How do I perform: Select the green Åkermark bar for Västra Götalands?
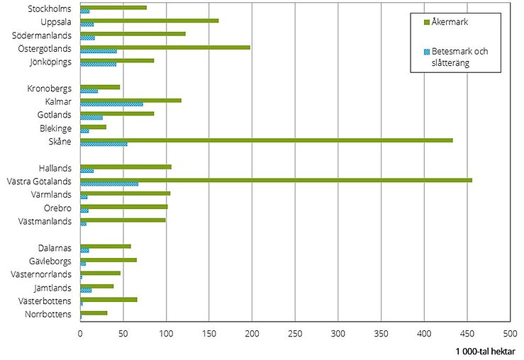pos(276,180)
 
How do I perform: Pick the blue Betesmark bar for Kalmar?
pos(111,104)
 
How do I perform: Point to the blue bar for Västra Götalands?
pos(109,184)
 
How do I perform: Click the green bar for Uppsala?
pos(149,21)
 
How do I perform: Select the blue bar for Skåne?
pos(104,144)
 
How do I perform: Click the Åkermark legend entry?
pos(448,22)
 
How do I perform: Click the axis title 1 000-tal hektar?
pos(486,350)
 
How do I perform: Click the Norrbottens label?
pos(48,314)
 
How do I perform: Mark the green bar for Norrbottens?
pos(94,313)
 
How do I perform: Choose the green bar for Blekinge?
pos(93,127)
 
